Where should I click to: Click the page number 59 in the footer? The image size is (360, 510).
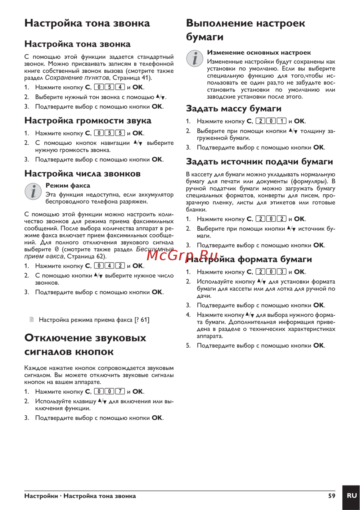click(332, 496)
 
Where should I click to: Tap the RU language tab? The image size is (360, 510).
click(351, 496)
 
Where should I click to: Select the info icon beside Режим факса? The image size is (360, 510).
click(33, 191)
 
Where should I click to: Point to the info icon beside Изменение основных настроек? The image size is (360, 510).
click(195, 58)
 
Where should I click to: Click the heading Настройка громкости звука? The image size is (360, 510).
click(88, 121)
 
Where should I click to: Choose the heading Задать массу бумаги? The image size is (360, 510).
click(234, 109)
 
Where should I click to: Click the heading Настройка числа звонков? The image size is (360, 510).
click(82, 173)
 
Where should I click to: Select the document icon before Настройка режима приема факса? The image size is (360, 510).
click(32, 319)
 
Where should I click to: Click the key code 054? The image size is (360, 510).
click(109, 87)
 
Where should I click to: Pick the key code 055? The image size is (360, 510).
click(109, 133)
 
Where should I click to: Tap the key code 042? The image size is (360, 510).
click(109, 266)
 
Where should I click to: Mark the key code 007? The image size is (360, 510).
click(109, 392)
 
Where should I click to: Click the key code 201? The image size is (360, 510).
click(271, 121)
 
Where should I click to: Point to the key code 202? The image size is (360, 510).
click(271, 219)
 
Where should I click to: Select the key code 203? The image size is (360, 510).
click(271, 272)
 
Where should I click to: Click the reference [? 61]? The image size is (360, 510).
click(142, 320)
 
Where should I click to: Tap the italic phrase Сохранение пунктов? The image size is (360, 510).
click(77, 78)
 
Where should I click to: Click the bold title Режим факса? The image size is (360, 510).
click(68, 185)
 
